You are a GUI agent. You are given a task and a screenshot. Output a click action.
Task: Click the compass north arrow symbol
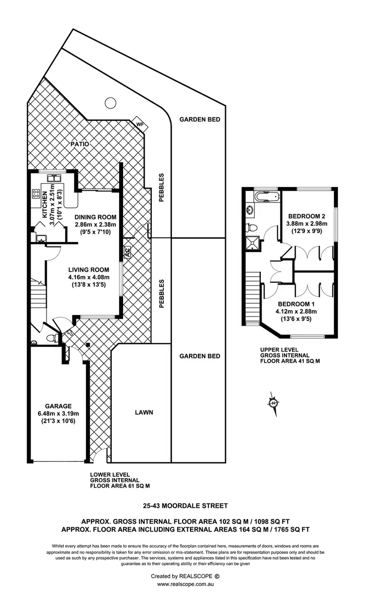pyautogui.click(x=273, y=401)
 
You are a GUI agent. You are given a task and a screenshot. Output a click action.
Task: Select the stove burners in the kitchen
pyautogui.click(x=36, y=195)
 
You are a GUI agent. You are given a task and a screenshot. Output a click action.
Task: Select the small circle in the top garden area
pyautogui.click(x=110, y=103)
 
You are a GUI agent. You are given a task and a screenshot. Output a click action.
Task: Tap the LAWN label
pyautogui.click(x=143, y=412)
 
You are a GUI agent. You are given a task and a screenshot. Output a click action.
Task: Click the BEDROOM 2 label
pyautogui.click(x=307, y=216)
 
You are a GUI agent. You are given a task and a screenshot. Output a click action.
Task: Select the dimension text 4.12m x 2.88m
pyautogui.click(x=296, y=311)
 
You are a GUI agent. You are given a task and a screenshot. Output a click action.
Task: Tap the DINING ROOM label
pyautogui.click(x=95, y=217)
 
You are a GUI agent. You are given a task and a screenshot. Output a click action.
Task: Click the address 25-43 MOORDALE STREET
pyautogui.click(x=185, y=506)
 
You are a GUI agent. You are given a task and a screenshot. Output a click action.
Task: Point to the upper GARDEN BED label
pyautogui.click(x=199, y=119)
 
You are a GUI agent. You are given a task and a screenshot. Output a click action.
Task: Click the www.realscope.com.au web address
pyautogui.click(x=185, y=585)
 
